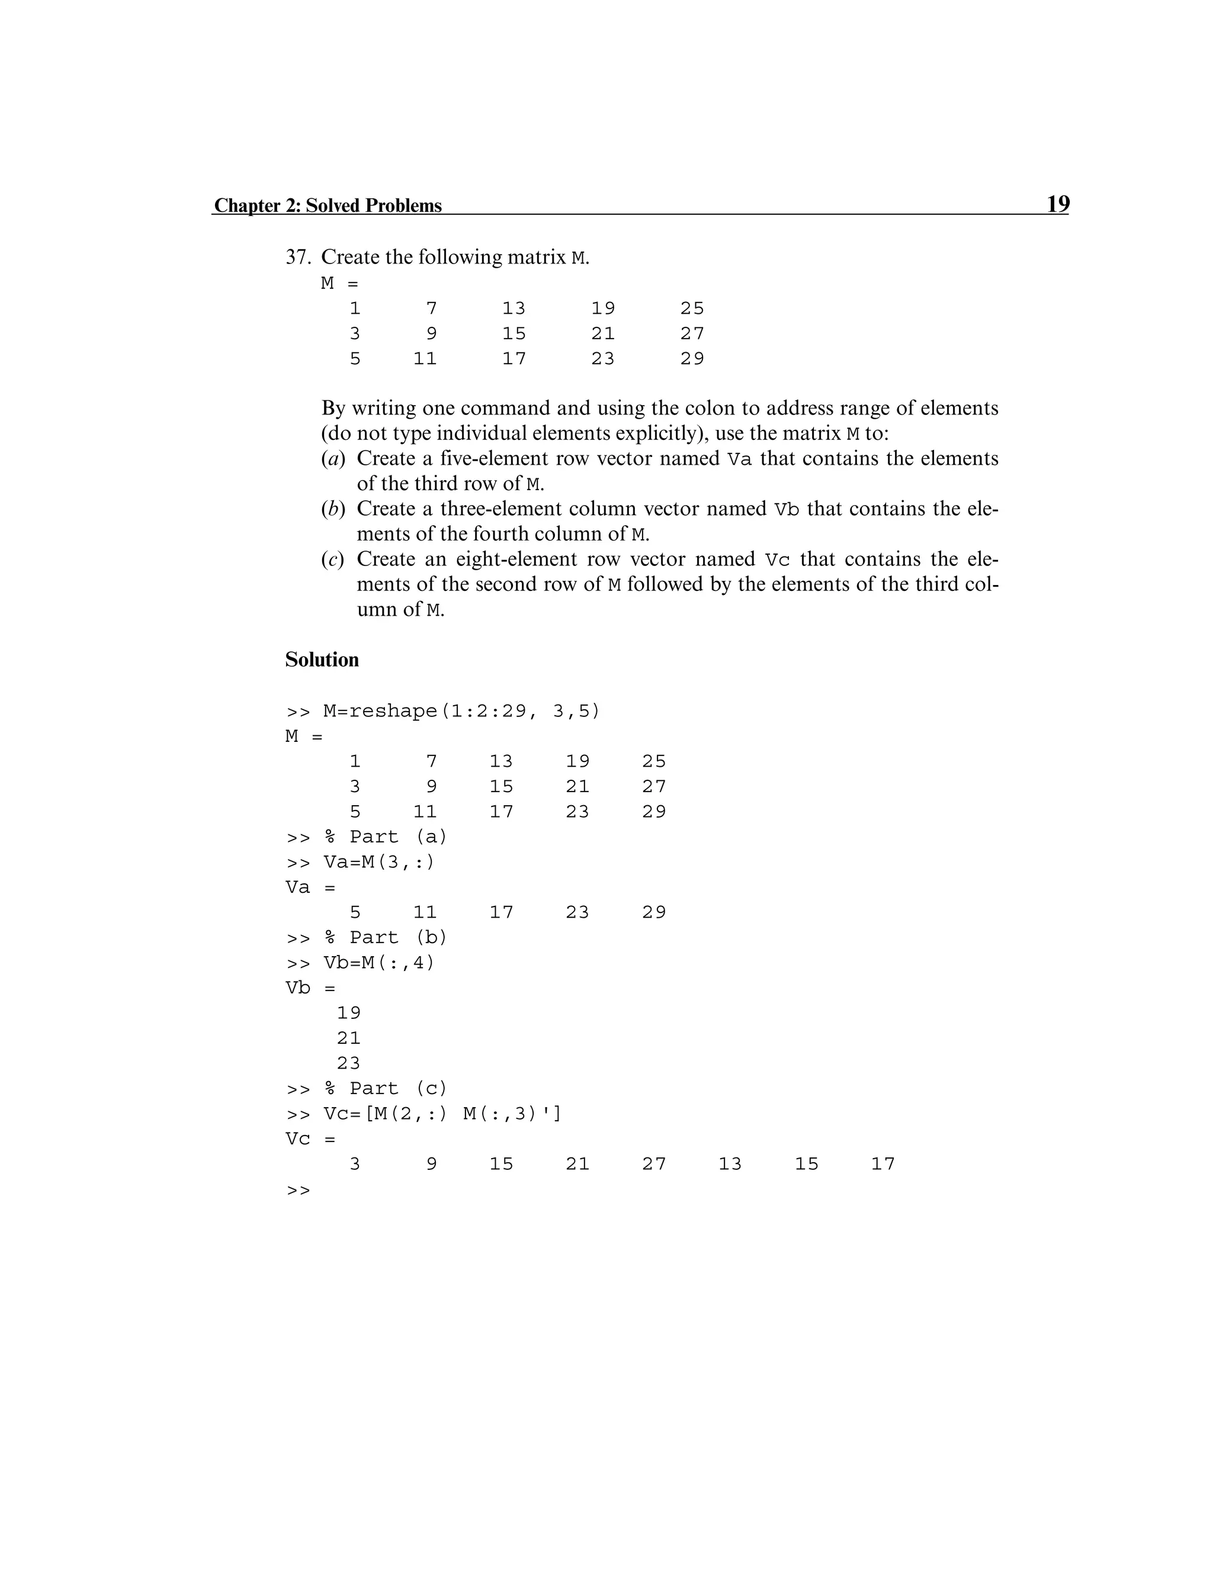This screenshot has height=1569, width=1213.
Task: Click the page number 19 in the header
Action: [1057, 204]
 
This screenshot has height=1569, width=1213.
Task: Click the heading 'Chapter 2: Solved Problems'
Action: [328, 205]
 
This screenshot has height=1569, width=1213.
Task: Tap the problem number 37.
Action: [297, 257]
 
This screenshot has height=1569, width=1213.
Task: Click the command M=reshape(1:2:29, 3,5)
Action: [461, 711]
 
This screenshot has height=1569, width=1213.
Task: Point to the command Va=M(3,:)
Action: [378, 862]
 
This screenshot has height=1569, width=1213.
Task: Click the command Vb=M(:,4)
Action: [378, 963]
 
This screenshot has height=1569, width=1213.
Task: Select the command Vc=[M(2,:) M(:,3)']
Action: [442, 1114]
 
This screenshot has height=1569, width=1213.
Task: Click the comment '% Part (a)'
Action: [385, 837]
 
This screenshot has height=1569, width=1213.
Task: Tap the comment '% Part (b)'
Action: [385, 937]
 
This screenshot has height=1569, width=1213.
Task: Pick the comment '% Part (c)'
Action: [385, 1088]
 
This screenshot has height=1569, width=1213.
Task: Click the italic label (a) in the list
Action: [333, 458]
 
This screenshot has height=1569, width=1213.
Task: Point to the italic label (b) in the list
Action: [333, 509]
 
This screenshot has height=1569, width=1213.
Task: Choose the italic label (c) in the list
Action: [333, 559]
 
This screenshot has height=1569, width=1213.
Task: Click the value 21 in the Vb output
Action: [348, 1038]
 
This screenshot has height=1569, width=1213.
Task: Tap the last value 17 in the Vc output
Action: [883, 1164]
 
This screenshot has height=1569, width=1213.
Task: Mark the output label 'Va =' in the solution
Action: [310, 888]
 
